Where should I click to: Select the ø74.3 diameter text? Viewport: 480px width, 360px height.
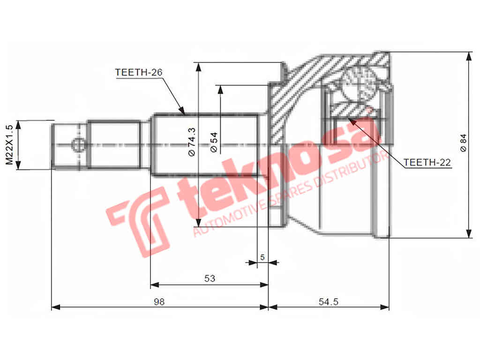[191, 141]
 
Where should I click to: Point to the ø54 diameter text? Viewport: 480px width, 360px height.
[214, 142]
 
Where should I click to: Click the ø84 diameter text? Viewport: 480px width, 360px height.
[464, 142]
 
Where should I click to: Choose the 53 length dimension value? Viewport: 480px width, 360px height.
[209, 278]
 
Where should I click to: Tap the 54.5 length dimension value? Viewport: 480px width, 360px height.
[328, 301]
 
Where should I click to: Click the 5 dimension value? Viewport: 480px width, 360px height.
[262, 257]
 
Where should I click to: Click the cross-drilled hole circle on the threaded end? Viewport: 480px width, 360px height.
[78, 144]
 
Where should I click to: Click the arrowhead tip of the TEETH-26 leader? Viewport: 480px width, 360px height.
[184, 114]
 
